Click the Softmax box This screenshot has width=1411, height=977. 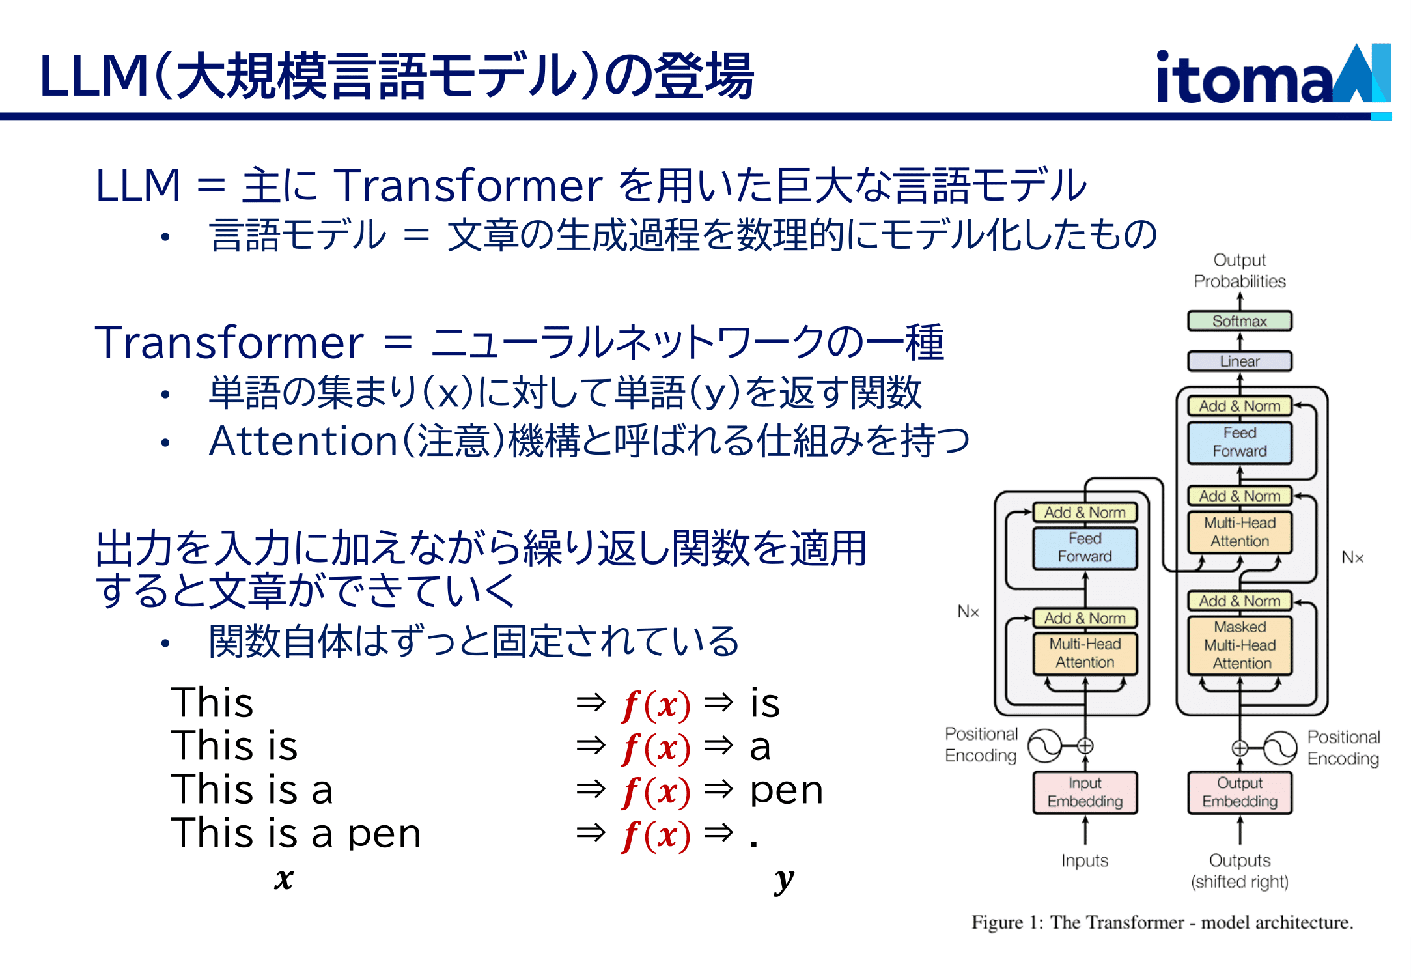coord(1239,321)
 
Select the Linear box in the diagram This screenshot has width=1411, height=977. coord(1239,361)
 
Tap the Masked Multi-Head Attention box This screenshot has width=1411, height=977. coord(1240,645)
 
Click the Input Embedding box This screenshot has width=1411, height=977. coord(1085,792)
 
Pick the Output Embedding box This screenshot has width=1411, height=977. coord(1240,792)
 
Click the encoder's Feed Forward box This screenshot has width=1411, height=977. coord(1085,547)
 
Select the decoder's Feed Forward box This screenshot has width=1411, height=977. coord(1240,442)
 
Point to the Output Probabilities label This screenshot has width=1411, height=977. coord(1240,270)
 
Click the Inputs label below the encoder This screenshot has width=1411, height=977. coord(1085,860)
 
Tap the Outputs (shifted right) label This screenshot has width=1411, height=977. coord(1240,871)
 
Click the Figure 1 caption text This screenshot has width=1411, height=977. coord(1162,922)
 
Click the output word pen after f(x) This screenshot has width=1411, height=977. coord(787,791)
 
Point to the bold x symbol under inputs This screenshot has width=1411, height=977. coord(284,879)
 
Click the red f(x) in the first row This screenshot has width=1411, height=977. coord(656,705)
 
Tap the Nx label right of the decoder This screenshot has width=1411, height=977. coord(1352,558)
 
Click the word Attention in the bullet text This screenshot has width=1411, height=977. coord(303,441)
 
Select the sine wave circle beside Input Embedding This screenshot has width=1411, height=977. coord(1044,746)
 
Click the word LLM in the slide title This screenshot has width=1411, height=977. coord(94,76)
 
